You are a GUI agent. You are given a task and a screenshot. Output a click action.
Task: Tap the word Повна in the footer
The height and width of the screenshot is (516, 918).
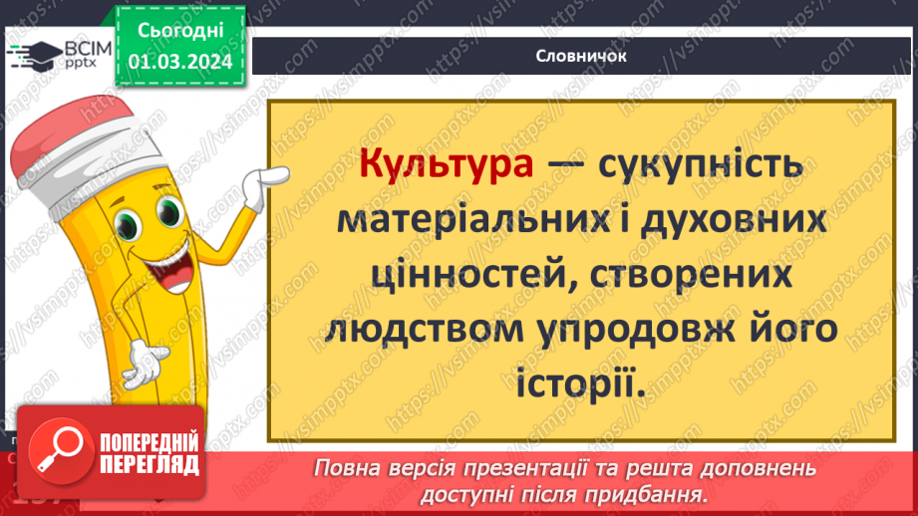[x=346, y=468]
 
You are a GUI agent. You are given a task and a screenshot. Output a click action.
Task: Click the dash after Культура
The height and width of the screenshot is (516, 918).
[x=564, y=166]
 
